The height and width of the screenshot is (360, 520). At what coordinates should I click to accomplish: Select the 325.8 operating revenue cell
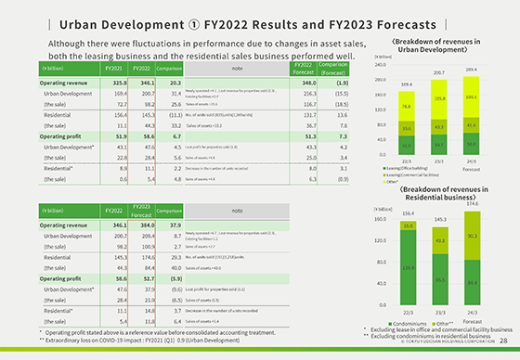pyautogui.click(x=114, y=83)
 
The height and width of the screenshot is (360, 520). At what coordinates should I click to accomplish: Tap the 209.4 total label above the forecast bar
pyautogui.click(x=471, y=70)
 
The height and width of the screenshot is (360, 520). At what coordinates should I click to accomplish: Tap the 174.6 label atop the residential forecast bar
pyautogui.click(x=471, y=202)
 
